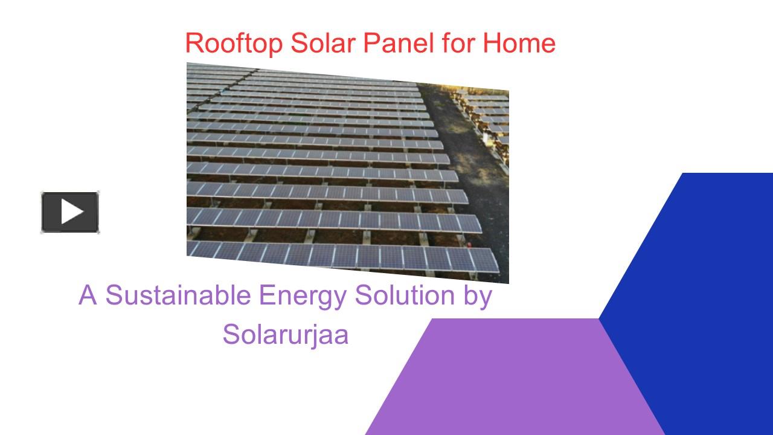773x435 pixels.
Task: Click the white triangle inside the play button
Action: click(71, 212)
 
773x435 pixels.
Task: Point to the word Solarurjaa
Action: click(285, 334)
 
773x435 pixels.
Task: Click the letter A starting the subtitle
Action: click(88, 295)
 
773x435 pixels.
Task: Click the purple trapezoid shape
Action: click(513, 381)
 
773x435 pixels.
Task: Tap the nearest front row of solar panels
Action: click(344, 257)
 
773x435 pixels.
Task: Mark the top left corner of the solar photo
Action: click(188, 64)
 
